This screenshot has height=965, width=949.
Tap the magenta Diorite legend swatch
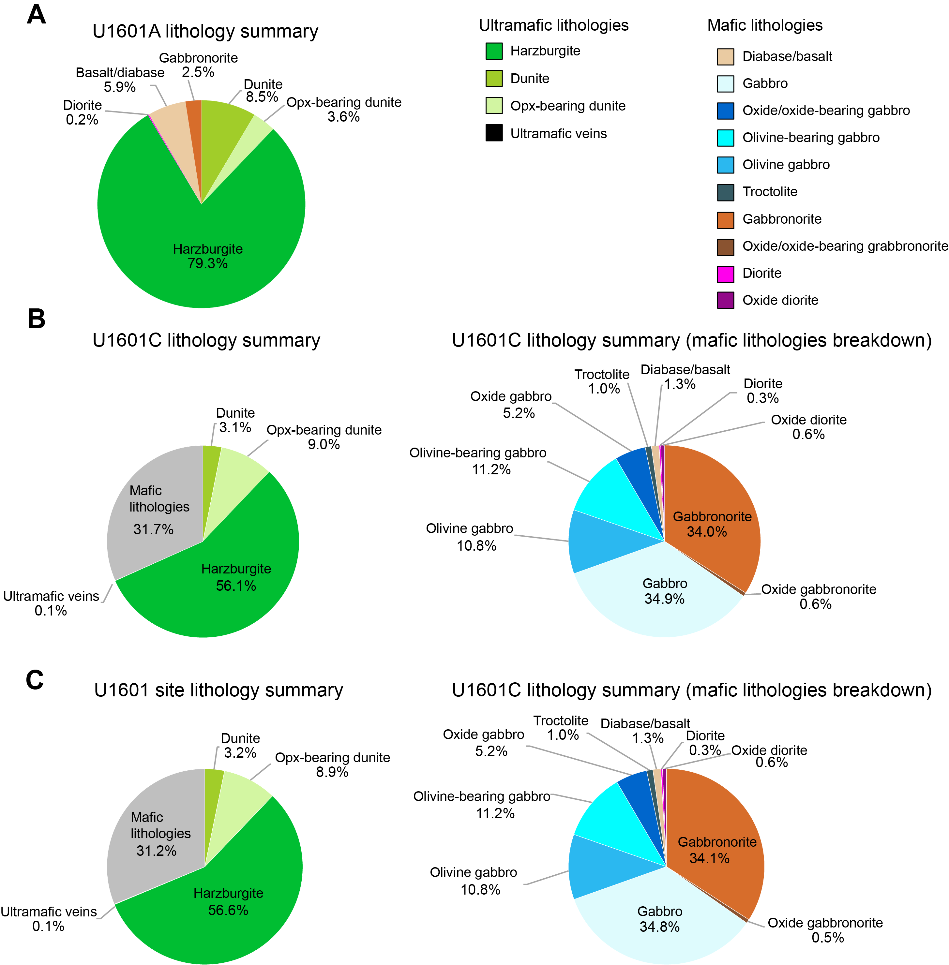pyautogui.click(x=726, y=274)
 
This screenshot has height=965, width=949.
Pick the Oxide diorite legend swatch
pyautogui.click(x=726, y=300)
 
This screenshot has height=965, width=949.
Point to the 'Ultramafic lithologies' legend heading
pyautogui.click(x=554, y=25)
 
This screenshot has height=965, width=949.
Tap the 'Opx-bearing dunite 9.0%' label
pyautogui.click(x=324, y=437)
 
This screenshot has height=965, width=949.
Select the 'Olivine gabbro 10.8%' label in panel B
pyautogui.click(x=470, y=537)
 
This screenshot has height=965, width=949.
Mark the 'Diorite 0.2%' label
pyautogui.click(x=82, y=112)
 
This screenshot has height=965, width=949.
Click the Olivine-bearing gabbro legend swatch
pyautogui.click(x=726, y=138)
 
